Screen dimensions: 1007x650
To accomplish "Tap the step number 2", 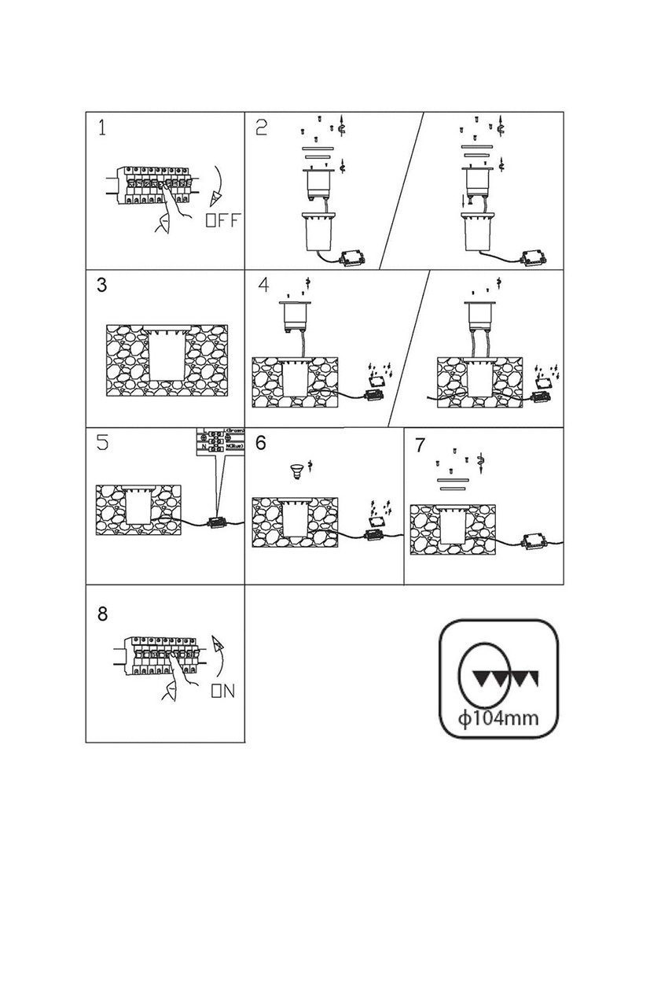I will (262, 128).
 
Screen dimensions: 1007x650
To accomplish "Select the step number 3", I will (102, 286).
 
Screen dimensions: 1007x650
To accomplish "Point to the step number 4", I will (263, 286).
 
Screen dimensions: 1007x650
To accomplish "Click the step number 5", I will (102, 443).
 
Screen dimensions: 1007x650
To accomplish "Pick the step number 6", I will (261, 443).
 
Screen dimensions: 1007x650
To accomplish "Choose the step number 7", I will (420, 445).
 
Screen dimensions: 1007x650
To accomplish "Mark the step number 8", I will (102, 614).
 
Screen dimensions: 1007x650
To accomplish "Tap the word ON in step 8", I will (223, 692).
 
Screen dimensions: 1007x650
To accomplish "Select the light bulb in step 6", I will (296, 472).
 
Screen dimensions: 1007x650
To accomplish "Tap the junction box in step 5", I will (215, 522).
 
